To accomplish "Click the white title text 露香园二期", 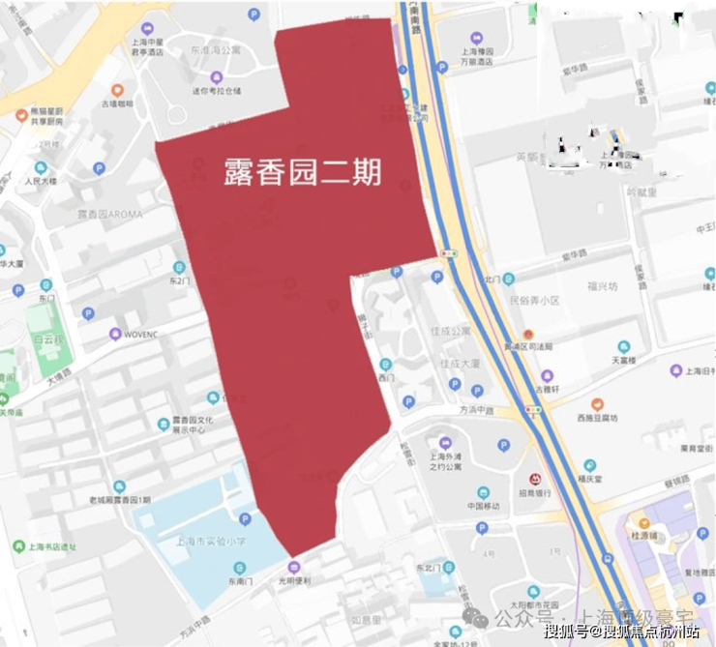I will [301, 172].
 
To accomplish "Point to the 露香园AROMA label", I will [109, 214].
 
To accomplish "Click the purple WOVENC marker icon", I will [115, 335].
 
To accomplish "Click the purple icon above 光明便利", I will [294, 567].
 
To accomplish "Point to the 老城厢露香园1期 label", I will [120, 499].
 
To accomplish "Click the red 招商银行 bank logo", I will [534, 479].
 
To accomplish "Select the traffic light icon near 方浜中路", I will [530, 409].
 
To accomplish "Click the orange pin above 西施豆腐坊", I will [597, 404].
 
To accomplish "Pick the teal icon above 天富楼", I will [624, 346].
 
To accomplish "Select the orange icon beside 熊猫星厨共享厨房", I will [21, 115].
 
